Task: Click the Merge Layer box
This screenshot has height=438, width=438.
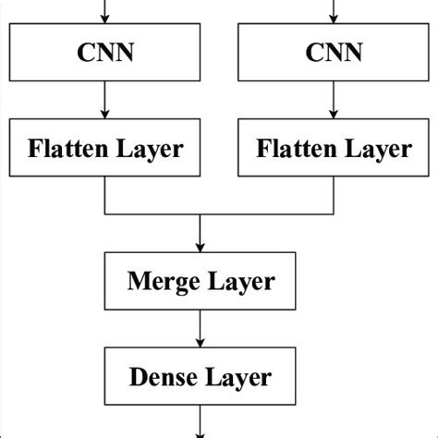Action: coord(201,281)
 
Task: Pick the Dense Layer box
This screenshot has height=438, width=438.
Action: coord(201,377)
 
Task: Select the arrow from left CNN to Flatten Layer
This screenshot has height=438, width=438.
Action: coord(108,100)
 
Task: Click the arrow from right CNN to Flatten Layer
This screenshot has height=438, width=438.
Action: coord(333,100)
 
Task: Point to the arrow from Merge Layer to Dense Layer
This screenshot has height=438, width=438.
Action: coord(201,329)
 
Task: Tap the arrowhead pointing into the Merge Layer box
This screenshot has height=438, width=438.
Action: coord(201,248)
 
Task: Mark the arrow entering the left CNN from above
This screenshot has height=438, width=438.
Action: coord(108,11)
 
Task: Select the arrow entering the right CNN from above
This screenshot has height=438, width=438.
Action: coord(333,11)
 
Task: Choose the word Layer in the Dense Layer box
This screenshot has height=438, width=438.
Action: coord(238,377)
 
